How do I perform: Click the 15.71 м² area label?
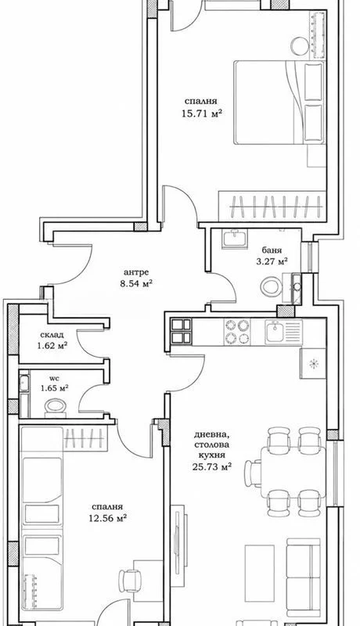tap(202, 114)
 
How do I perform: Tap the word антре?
tap(136, 272)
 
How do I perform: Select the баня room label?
tap(272, 250)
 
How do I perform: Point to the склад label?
tap(52, 335)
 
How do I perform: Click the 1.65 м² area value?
tap(53, 387)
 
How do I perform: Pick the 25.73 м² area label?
tap(212, 466)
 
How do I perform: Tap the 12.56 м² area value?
tap(107, 518)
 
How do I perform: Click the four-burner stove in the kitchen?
tap(237, 332)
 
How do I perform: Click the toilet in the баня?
tap(271, 286)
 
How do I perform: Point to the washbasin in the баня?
tap(235, 239)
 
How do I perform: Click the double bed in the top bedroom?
tap(279, 103)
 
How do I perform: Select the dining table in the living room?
tap(293, 473)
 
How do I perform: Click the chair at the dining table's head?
tap(253, 473)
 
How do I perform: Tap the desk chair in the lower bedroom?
tap(130, 581)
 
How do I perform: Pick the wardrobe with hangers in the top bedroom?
tap(272, 207)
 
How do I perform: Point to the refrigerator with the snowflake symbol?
tap(313, 363)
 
